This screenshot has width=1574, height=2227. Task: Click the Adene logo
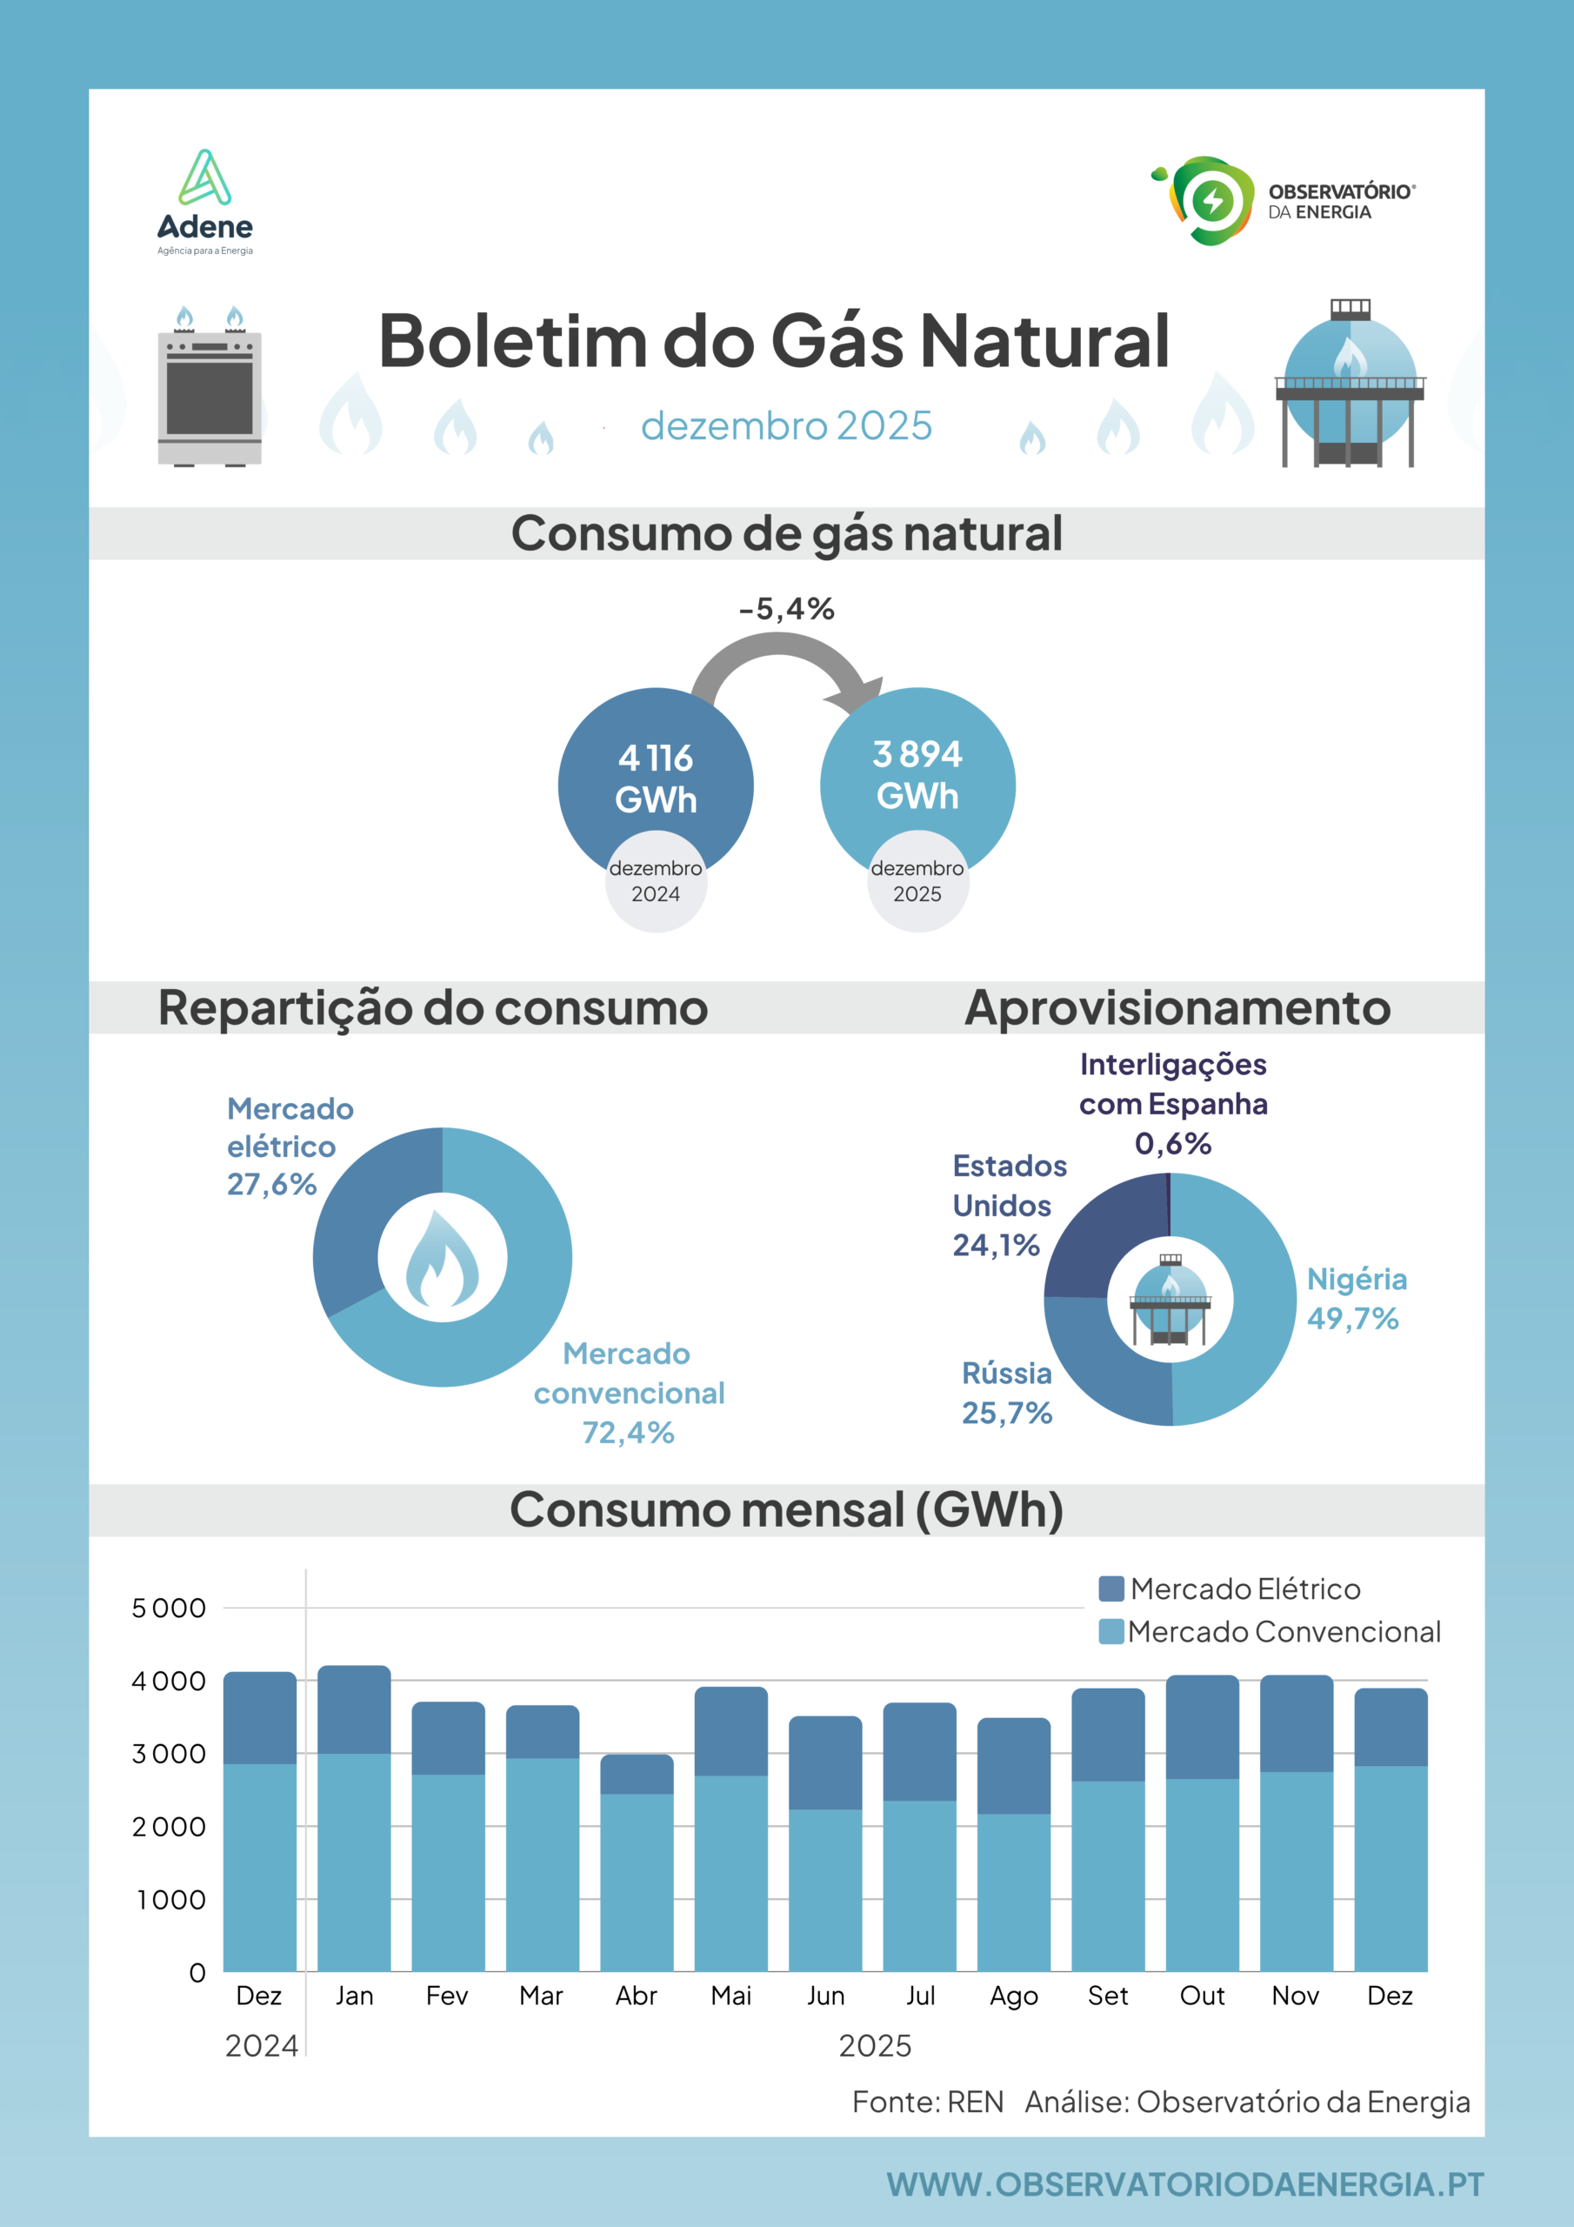coord(204,202)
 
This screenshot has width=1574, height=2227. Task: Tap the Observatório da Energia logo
coord(1282,201)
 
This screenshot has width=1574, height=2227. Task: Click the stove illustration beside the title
coord(210,386)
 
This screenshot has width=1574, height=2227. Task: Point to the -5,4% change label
coord(786,609)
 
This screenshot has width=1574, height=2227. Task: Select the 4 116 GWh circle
coord(656,776)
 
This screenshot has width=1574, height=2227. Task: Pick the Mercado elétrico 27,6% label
coord(290,1147)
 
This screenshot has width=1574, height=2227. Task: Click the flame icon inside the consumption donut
coord(443,1258)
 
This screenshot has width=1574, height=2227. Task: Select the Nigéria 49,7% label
coord(1357,1299)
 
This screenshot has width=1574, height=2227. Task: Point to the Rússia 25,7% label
coord(1007,1393)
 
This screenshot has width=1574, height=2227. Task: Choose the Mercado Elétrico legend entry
coord(1230,1588)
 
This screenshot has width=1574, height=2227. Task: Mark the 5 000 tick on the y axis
coord(169,1608)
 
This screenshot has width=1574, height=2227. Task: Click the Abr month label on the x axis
coord(637,1996)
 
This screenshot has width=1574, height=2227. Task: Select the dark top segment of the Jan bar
coord(354,1709)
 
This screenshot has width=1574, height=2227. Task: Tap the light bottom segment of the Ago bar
coord(1013,1892)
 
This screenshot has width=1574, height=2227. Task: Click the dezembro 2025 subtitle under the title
coord(786,425)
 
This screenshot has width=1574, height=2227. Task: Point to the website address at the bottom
coord(1185,2184)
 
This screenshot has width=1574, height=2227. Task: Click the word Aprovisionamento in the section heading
coord(1177,1007)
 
